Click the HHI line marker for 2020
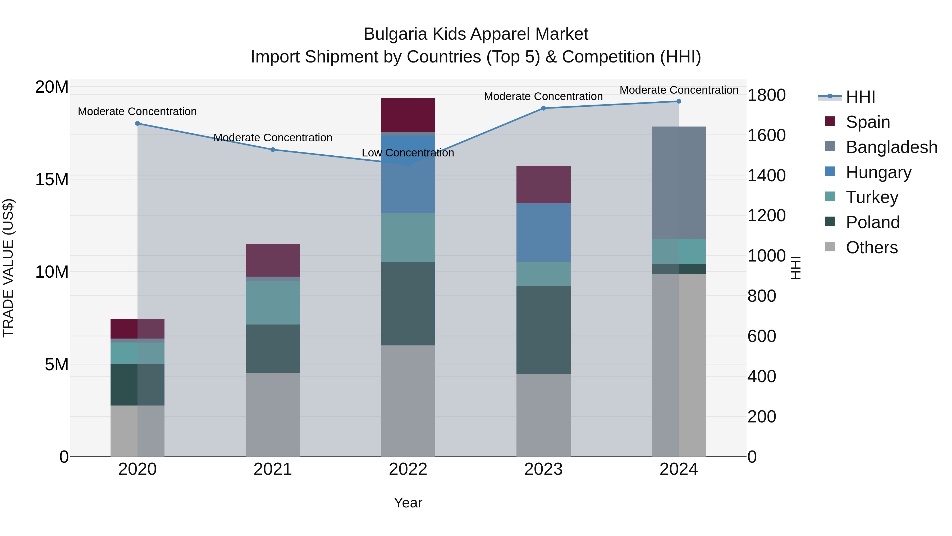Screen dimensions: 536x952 coord(138,124)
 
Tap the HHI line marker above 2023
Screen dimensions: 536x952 coord(543,108)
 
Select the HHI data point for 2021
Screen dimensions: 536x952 coord(273,150)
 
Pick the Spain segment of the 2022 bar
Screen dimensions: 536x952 coord(408,115)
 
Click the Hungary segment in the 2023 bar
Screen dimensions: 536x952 coord(543,233)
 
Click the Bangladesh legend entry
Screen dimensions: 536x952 coord(891,147)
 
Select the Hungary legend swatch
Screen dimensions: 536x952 coord(830,172)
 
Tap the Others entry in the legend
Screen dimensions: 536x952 coord(871,247)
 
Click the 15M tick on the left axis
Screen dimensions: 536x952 coord(52,179)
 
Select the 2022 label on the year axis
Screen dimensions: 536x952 coord(408,469)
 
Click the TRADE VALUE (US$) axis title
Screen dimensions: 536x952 coord(8,268)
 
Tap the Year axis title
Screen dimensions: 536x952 coord(408,503)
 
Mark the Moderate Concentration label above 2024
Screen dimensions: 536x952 coord(679,90)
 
